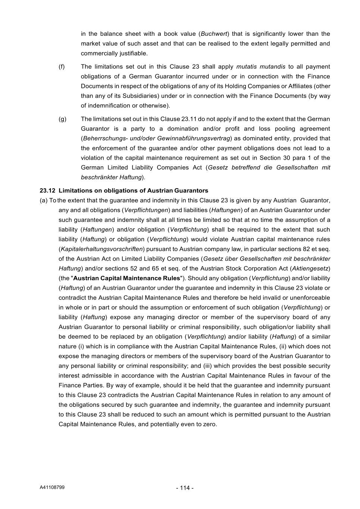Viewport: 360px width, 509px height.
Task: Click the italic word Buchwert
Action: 215,34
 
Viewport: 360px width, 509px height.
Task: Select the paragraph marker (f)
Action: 62,67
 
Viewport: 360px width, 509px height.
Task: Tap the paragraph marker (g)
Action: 62,119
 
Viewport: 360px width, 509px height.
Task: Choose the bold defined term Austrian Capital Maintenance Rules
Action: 127,278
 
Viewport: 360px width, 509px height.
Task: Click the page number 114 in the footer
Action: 185,488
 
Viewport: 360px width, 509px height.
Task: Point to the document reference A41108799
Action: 52,487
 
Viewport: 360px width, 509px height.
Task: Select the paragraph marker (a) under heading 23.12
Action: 44,201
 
